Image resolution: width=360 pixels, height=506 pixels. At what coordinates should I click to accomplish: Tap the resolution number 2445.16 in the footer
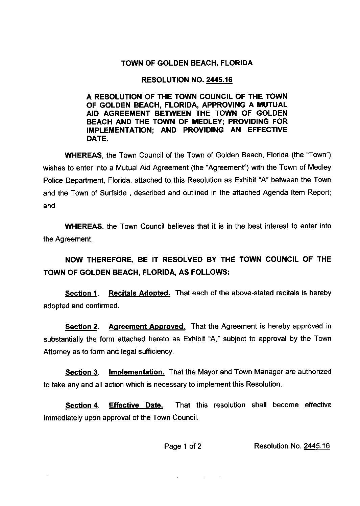point(317,446)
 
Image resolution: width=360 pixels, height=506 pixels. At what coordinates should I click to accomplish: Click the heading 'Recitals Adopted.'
point(139,293)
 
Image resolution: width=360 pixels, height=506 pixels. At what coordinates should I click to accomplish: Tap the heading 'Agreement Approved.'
point(147,326)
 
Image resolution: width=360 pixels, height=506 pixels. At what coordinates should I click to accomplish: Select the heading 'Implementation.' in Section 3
point(136,372)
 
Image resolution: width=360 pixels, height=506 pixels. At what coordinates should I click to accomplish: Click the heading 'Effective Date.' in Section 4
point(136,405)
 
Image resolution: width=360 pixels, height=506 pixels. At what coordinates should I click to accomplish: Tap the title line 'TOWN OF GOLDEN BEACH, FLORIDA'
point(187,63)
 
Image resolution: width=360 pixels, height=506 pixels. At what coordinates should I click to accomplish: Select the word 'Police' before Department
point(53,180)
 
